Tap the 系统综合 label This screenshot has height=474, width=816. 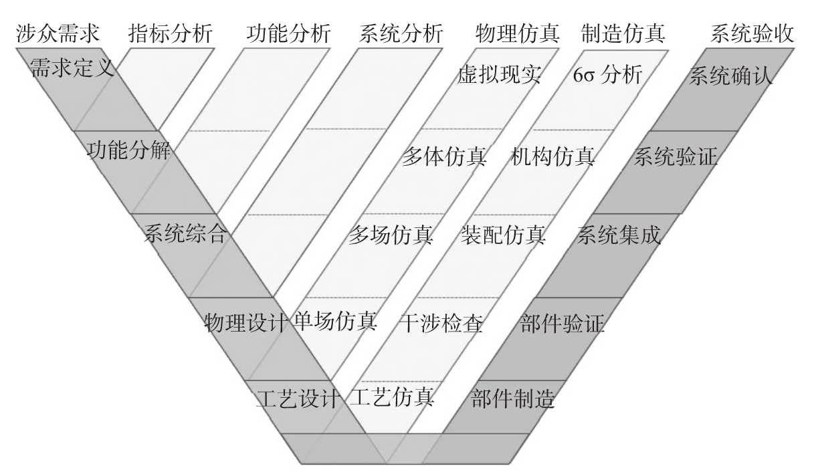tap(185, 235)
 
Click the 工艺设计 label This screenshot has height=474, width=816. tap(298, 398)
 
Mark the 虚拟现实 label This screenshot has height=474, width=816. tap(499, 75)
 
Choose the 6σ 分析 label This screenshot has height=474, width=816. tap(607, 75)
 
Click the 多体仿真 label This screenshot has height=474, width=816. tap(444, 158)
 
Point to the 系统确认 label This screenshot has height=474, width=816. tap(730, 75)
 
